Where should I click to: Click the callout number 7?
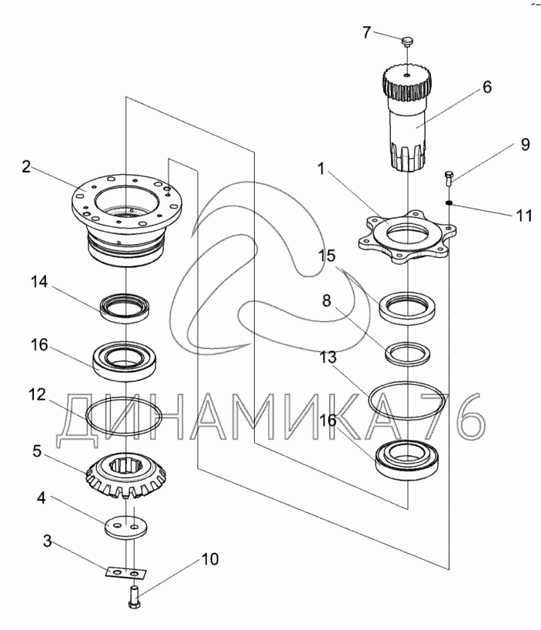click(367, 32)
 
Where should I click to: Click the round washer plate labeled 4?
click(124, 526)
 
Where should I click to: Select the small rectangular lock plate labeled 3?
click(124, 572)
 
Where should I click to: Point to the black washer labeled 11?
click(449, 203)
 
